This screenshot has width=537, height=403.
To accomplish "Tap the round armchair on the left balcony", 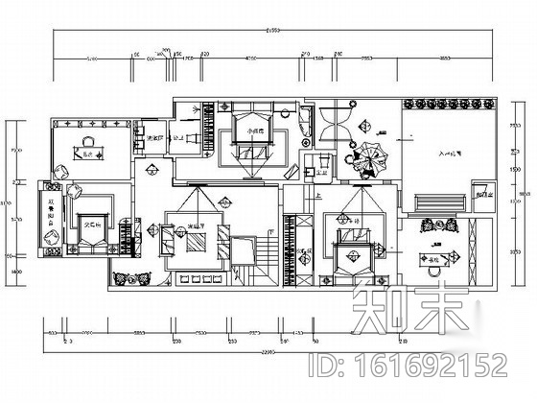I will point(59,174).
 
